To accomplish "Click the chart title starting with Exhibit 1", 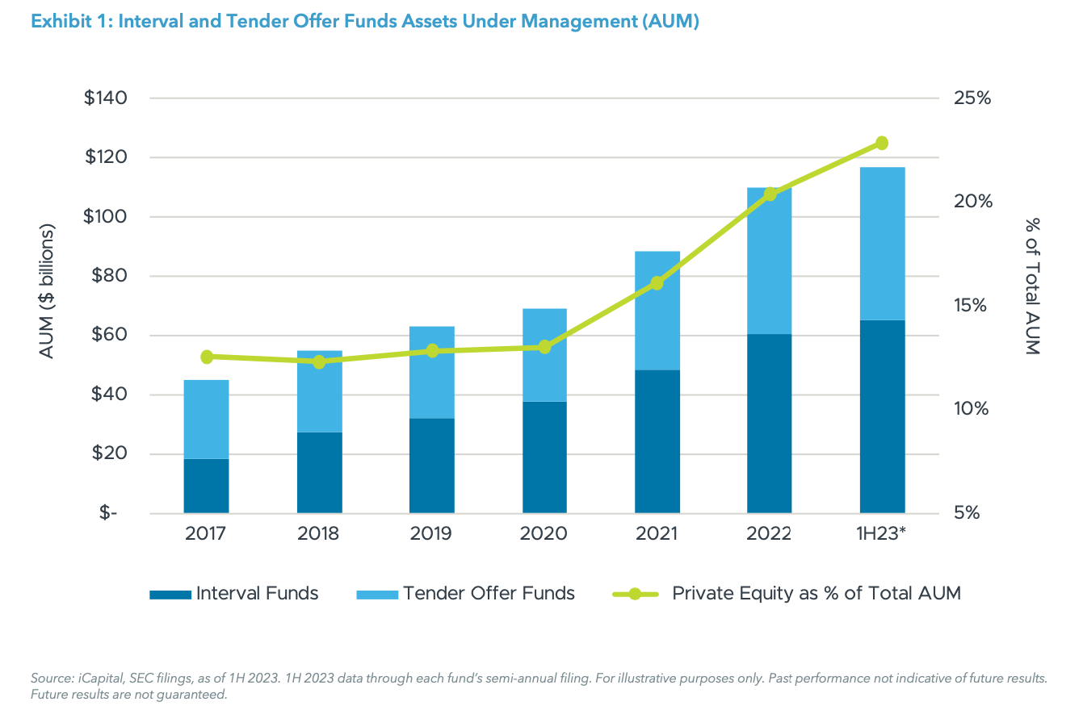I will point(364,22).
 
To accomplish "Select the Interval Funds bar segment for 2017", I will point(206,486).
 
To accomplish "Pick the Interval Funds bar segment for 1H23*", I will point(882,416).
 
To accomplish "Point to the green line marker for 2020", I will point(544,347).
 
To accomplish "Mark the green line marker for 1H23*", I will point(882,143).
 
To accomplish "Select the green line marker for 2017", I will point(207,357).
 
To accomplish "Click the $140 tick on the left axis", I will point(106,98).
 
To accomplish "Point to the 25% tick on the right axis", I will point(972,98).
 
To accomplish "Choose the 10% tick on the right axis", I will point(971,409).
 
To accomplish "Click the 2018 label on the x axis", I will point(319,534).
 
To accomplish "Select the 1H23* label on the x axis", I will point(882,534).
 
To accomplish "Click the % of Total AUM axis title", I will point(1031,286).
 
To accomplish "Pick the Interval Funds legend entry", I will point(234,594).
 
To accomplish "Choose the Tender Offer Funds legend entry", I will point(466,594).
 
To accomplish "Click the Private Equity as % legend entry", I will point(787,594).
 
